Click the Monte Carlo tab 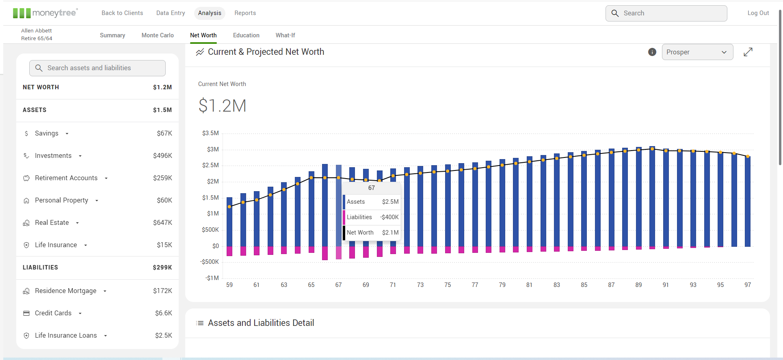pos(158,35)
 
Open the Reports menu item pos(245,13)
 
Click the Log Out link pos(758,13)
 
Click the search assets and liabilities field pos(97,68)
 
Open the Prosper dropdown pos(697,52)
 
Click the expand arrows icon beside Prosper pos(748,52)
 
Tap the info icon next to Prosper pos(652,52)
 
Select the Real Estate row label pos(52,222)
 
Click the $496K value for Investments pos(162,155)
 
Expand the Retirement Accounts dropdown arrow pos(106,178)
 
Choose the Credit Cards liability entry pos(53,313)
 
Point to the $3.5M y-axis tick pos(210,133)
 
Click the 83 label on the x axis pos(556,285)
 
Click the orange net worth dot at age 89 pos(638,150)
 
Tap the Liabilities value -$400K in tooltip pos(389,217)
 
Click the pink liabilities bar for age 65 pos(311,250)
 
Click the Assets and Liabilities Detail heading pos(261,323)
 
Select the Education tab pos(246,35)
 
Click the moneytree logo pos(45,13)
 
